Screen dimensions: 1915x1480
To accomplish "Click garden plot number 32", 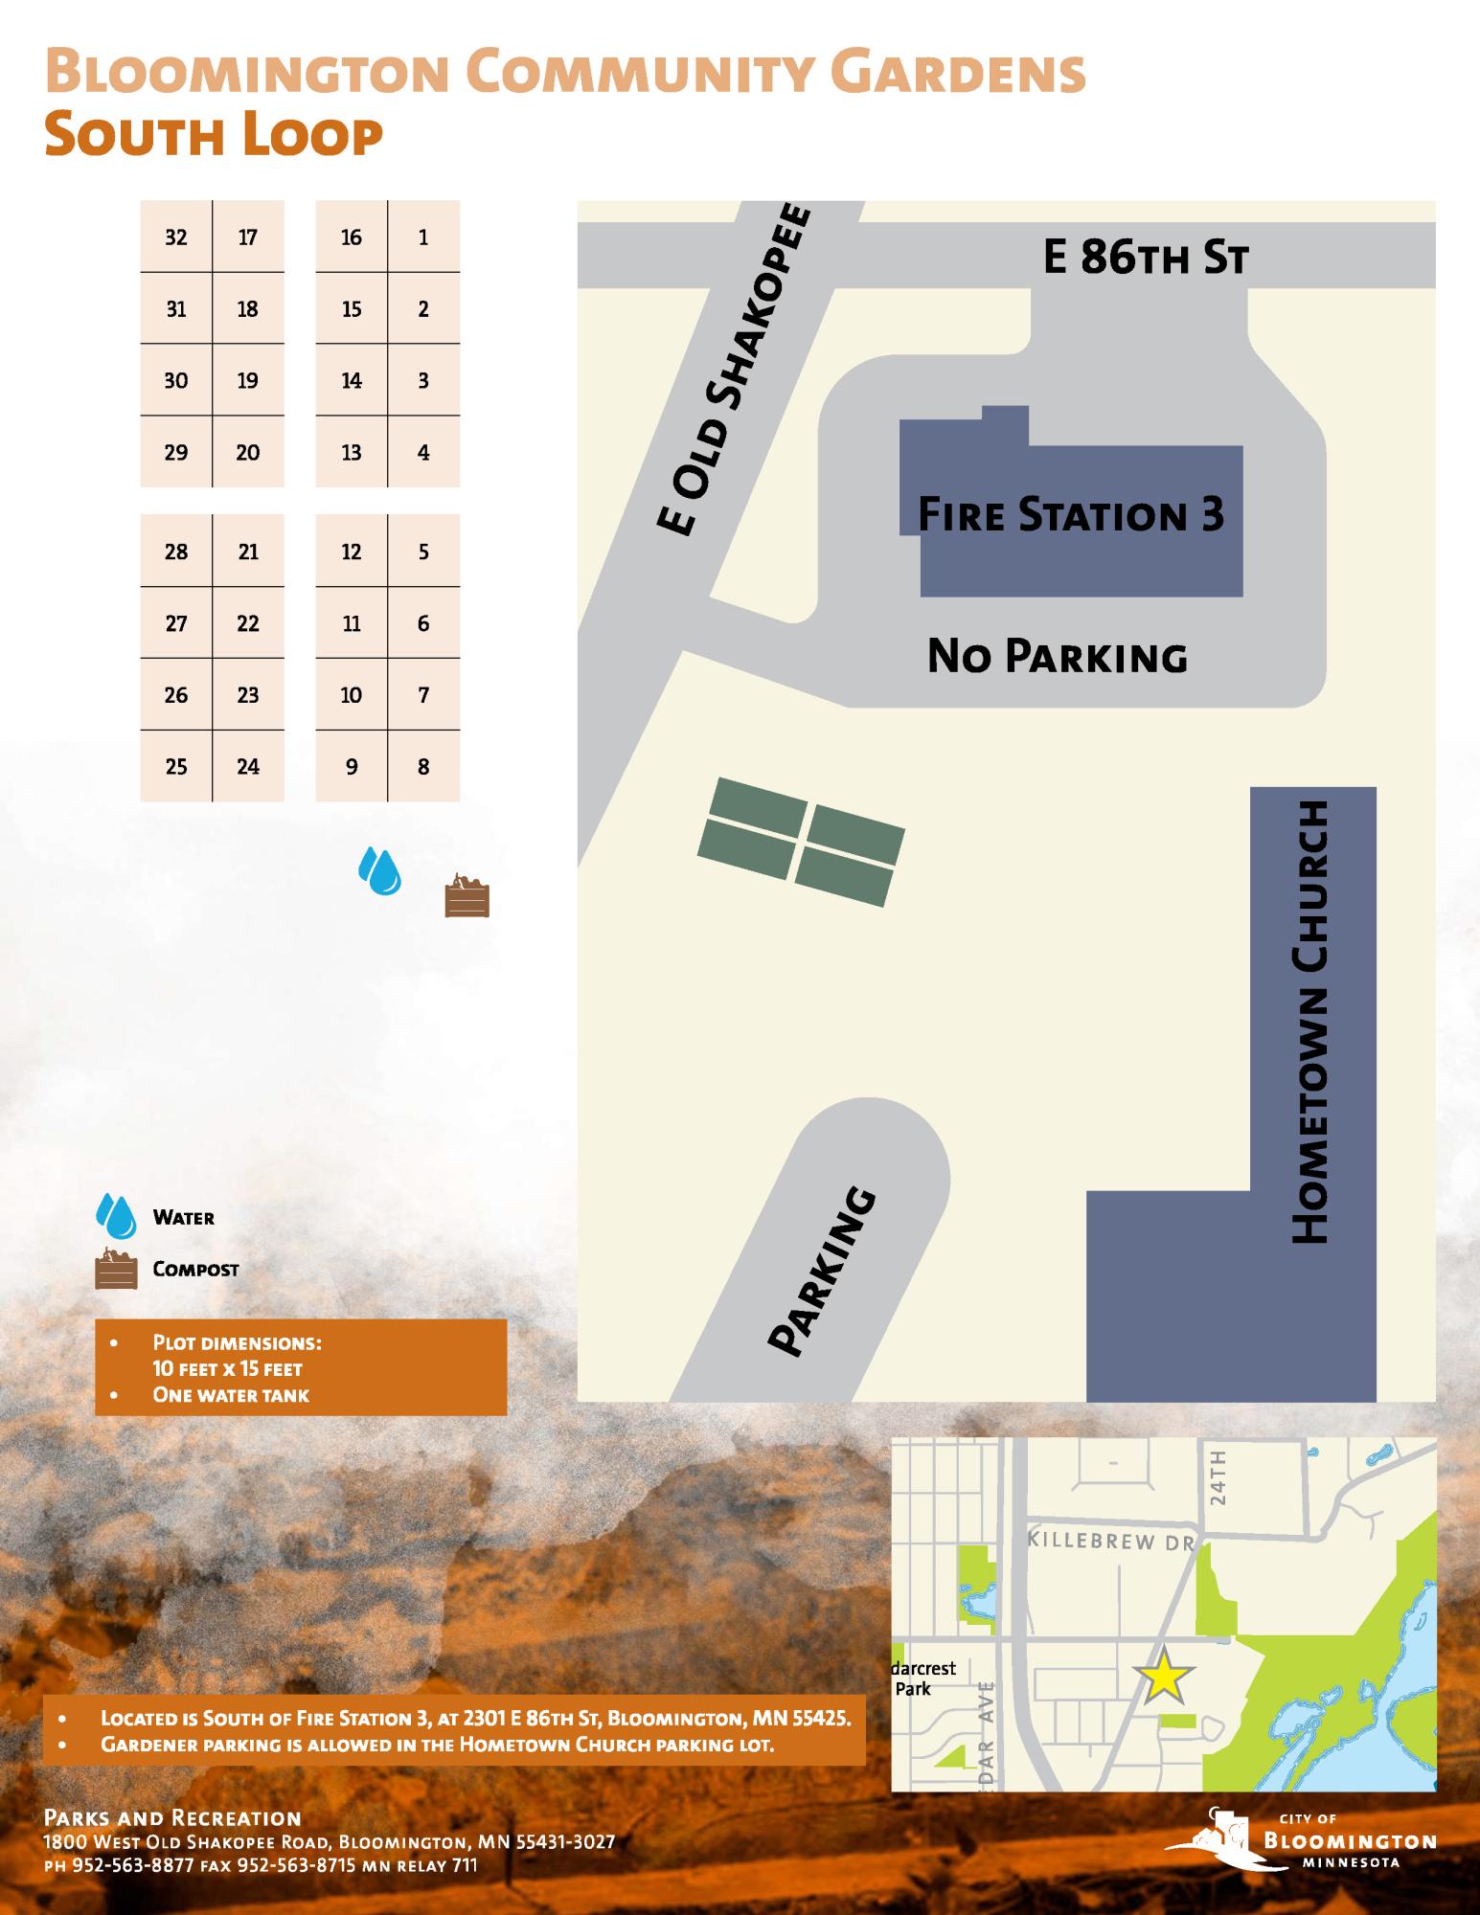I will [176, 237].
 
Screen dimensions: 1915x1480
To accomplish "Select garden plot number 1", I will [423, 237].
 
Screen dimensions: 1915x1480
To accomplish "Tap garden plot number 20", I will [248, 452].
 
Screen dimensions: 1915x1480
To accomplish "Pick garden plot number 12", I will [352, 552].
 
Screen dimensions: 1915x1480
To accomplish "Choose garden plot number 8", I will [423, 766].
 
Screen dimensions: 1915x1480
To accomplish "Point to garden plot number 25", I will [176, 766].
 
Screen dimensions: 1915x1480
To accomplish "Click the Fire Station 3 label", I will [1071, 514].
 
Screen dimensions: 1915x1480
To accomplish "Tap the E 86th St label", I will [1145, 258].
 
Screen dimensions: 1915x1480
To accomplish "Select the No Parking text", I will [1058, 657].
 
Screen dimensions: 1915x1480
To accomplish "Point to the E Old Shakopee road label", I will [733, 370].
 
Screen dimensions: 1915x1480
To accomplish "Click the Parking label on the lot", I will [823, 1272].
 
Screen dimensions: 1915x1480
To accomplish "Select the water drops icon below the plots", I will [380, 870].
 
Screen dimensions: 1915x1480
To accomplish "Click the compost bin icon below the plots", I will [467, 896].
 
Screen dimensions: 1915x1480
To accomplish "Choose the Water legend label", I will [184, 1218].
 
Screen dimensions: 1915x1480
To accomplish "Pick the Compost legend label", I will [195, 1270].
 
